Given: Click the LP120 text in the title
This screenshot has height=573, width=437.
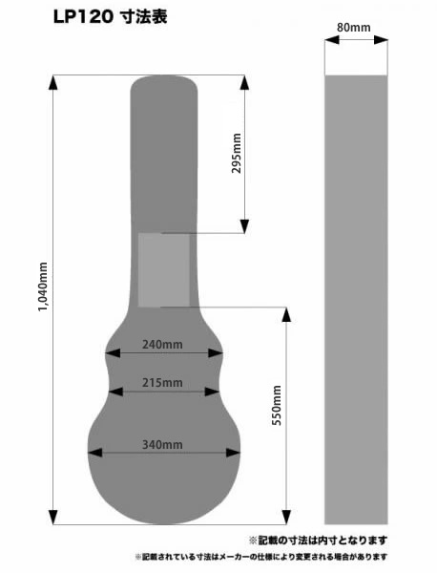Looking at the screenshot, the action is tap(83, 17).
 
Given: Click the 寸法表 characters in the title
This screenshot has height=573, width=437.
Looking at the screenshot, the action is tap(143, 17).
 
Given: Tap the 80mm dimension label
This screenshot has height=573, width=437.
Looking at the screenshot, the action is tap(353, 28).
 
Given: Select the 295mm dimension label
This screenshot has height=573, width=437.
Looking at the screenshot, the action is tap(237, 153).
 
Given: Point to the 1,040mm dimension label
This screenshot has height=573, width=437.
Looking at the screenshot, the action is tap(43, 286).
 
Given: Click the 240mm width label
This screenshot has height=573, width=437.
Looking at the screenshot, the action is tap(162, 344).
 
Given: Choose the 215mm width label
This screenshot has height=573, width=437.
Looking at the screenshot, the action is tap(162, 383).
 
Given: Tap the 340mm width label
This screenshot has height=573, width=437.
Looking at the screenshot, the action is tap(162, 445).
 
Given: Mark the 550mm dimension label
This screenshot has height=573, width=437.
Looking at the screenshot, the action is tap(277, 405).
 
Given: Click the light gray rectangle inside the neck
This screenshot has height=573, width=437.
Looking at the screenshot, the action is tap(164, 270).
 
